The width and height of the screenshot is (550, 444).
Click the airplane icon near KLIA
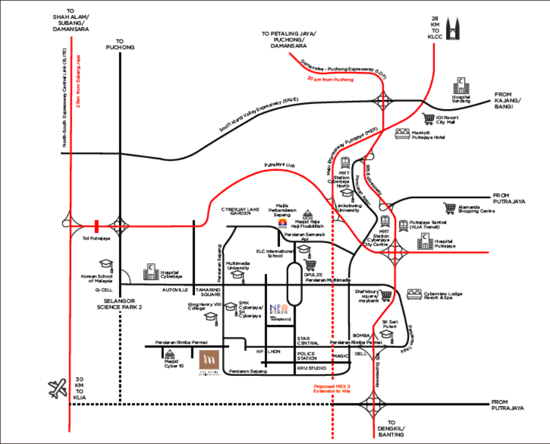[58, 388]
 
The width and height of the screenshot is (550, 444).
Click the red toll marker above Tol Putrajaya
[96, 226]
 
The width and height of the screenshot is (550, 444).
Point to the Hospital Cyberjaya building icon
[151, 272]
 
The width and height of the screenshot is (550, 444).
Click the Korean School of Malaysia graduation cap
[106, 265]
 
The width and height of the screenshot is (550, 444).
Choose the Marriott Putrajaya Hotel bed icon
[402, 134]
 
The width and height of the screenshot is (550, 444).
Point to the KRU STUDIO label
[311, 368]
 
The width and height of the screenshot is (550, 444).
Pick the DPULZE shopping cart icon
[311, 265]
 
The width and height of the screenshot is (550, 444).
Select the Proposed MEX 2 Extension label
[332, 389]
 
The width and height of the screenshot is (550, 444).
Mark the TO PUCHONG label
[120, 44]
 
